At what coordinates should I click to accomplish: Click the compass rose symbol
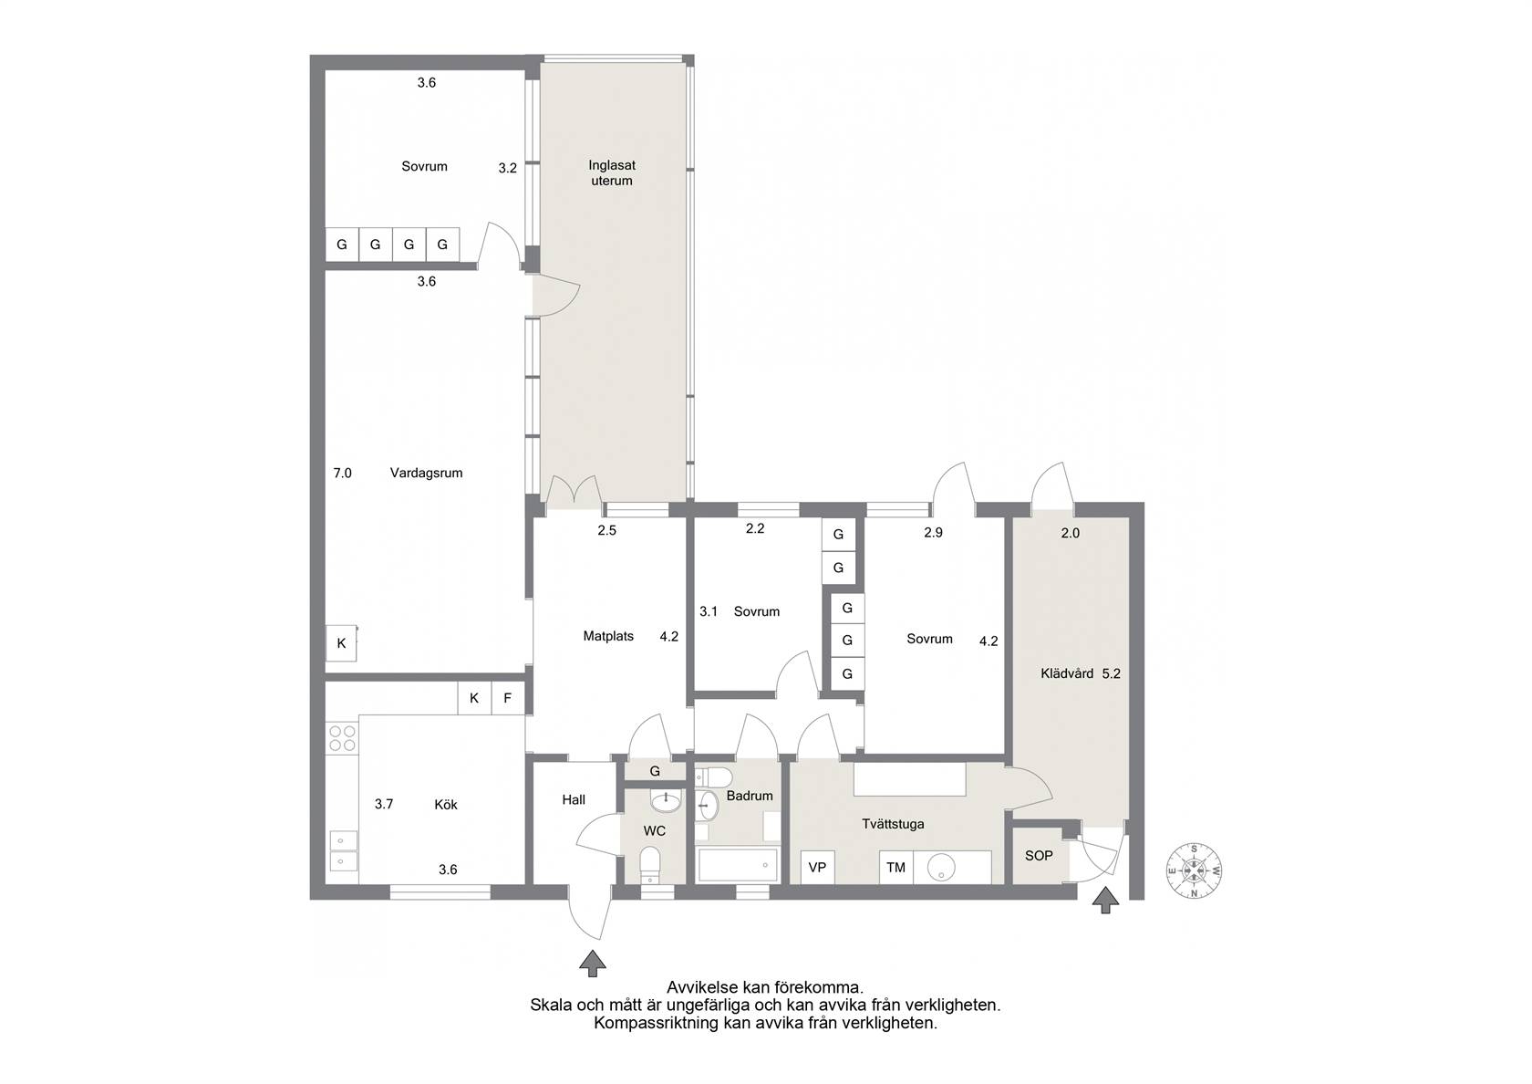pos(1195,871)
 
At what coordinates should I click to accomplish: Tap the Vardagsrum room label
pos(426,473)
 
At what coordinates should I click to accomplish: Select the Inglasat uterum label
pos(611,173)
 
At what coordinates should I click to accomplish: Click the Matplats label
pos(608,637)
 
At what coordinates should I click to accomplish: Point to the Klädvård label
pos(1067,673)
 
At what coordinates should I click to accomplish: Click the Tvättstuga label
pos(893,824)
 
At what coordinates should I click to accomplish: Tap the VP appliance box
pos(817,867)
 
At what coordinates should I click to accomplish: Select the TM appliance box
pos(895,867)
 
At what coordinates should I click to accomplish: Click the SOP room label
pos(1038,856)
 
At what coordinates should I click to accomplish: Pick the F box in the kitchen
pos(507,699)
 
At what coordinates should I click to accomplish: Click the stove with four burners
pos(342,737)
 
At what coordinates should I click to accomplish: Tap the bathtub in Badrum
pos(737,865)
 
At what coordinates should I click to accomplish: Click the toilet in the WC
pos(649,865)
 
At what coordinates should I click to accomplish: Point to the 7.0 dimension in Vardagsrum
pos(342,473)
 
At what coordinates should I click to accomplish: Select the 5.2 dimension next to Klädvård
pos(1112,673)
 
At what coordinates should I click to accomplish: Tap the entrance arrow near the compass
pos(1105,900)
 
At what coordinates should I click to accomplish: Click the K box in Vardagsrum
pos(341,643)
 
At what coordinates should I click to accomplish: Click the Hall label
pos(574,799)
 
